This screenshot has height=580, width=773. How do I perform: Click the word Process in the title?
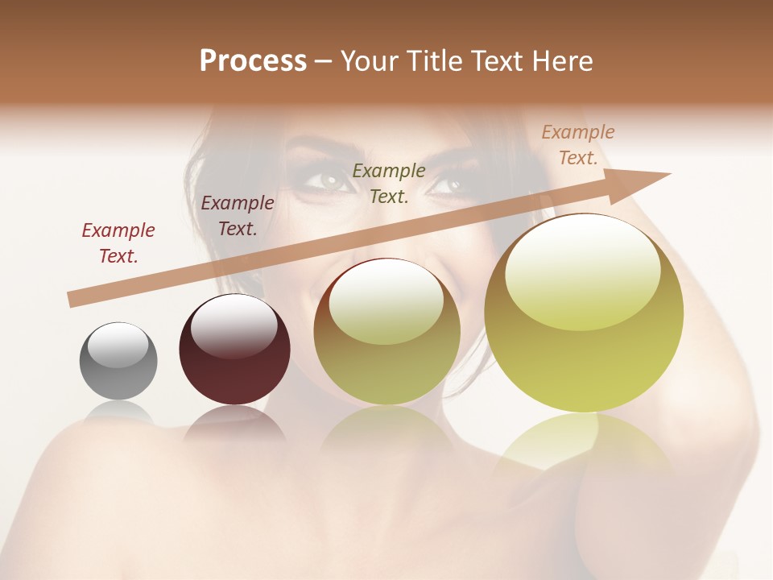[x=253, y=61]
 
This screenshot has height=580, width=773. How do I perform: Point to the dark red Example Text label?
[x=118, y=243]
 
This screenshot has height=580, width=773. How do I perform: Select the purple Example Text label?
[x=238, y=216]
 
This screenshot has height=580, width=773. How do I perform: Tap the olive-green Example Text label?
[x=389, y=183]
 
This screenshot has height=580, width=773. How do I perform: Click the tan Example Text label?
[x=578, y=145]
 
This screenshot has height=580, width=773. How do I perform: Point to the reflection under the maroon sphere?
[x=234, y=423]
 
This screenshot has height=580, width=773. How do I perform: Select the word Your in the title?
[x=368, y=61]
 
